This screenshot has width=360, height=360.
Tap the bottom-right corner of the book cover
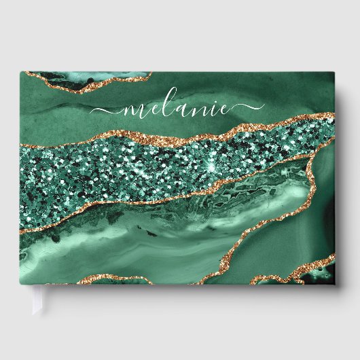point(335,283)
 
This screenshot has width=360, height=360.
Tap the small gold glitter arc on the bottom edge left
point(122,278)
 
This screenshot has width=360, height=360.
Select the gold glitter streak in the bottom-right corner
point(299,272)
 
